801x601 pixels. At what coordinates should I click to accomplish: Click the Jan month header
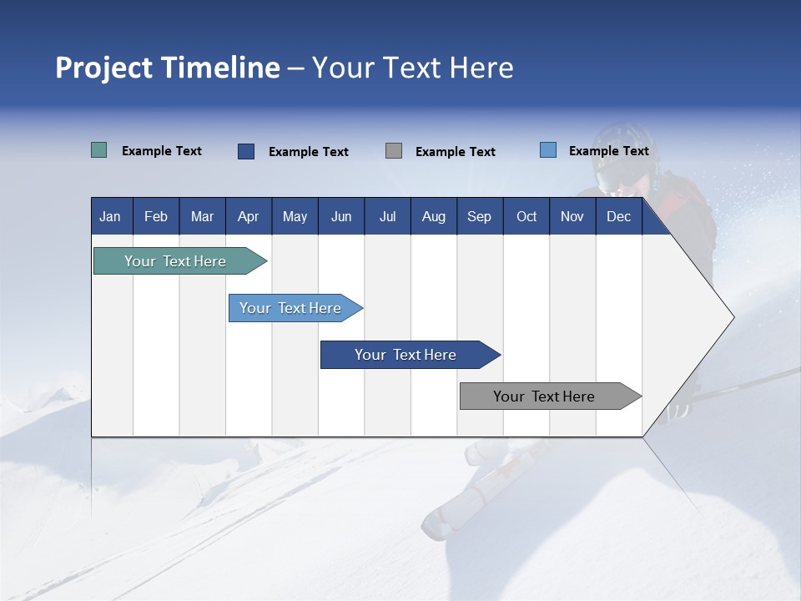coord(110,216)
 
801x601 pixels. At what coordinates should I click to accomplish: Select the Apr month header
coord(248,216)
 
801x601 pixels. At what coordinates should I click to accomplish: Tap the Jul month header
coord(387,216)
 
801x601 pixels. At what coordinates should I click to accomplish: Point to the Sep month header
coord(479,216)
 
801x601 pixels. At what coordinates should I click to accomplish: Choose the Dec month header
coord(618,216)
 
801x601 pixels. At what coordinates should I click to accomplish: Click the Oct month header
coord(526,216)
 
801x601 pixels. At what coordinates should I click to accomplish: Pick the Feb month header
coord(156,216)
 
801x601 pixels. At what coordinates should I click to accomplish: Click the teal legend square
coord(98,150)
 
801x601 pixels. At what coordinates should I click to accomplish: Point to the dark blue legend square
coord(246,151)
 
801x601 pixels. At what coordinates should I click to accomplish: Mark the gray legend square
coord(394,151)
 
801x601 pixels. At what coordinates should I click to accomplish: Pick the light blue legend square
coord(548,150)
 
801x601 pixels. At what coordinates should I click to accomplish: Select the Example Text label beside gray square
coord(455,152)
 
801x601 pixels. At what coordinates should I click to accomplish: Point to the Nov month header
coord(572,216)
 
